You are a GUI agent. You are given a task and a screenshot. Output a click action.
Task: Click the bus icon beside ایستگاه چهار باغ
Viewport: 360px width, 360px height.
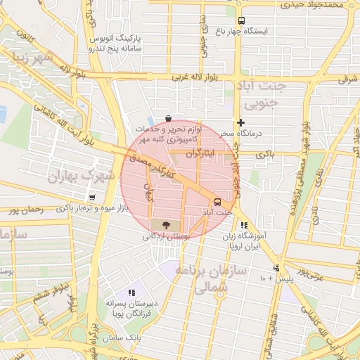tap(242, 20)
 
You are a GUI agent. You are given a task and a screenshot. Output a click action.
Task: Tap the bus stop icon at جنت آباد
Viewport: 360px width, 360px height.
tap(217, 202)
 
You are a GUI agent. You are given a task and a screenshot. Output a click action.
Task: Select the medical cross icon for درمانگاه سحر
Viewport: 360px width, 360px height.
tap(240, 122)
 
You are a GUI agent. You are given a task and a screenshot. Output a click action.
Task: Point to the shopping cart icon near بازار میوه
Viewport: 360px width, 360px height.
tap(92, 197)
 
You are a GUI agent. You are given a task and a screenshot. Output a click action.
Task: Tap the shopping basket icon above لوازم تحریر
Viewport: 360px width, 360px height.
tap(167, 118)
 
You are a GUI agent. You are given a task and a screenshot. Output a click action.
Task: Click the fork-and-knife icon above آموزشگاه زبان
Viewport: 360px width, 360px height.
tap(243, 226)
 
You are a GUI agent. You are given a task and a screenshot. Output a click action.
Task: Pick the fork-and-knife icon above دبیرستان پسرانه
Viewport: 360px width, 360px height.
tap(131, 292)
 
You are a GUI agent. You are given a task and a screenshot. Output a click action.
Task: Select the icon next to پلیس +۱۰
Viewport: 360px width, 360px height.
tap(276, 268)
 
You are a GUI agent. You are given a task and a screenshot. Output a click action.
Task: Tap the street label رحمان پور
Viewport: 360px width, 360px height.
tap(21, 210)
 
